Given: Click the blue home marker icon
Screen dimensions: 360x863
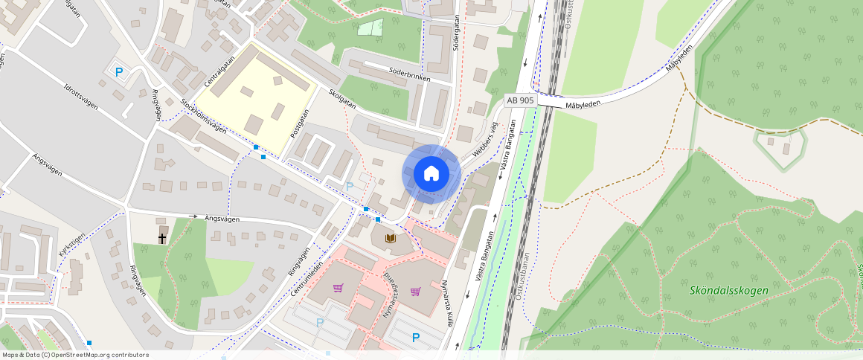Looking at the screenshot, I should [x=431, y=173].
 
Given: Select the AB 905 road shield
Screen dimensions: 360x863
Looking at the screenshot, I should [x=520, y=100].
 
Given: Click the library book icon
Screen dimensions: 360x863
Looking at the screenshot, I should [x=391, y=238].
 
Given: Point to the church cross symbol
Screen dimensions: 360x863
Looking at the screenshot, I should [x=162, y=238].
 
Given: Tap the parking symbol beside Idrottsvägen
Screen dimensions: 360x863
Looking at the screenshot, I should [x=119, y=72].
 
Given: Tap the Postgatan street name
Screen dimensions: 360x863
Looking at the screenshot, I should [x=300, y=126].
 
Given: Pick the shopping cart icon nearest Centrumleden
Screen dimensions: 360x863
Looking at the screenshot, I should [x=339, y=288].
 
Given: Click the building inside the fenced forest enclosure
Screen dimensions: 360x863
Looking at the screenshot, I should [x=786, y=149].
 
